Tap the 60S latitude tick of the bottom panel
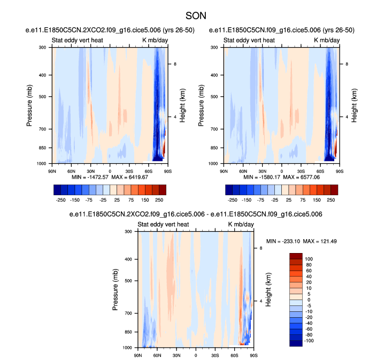234,355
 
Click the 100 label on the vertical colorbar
309,258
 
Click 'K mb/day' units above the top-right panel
326,40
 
